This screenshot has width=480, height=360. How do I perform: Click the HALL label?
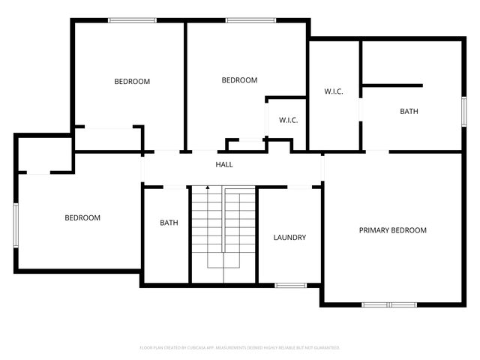224,164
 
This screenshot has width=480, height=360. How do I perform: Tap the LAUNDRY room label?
289,238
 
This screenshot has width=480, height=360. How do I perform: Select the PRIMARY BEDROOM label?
392,230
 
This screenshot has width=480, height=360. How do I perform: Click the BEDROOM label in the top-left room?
132,81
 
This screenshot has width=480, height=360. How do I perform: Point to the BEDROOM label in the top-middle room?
239,80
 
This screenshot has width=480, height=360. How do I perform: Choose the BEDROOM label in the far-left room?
82,217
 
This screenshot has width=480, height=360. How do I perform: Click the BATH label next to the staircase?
169,223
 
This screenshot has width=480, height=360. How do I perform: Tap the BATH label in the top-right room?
409,111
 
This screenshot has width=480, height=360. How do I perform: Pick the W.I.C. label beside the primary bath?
334,91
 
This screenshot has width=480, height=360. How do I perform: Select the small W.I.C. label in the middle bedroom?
289,120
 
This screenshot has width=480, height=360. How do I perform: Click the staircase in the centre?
223,232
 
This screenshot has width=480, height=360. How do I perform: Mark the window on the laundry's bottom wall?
289,285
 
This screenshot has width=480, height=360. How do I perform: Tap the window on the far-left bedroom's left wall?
16,223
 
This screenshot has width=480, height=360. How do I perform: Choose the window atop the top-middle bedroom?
245,20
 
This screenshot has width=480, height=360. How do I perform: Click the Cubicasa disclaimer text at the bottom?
240,348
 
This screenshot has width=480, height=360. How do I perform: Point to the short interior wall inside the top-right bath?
392,85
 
